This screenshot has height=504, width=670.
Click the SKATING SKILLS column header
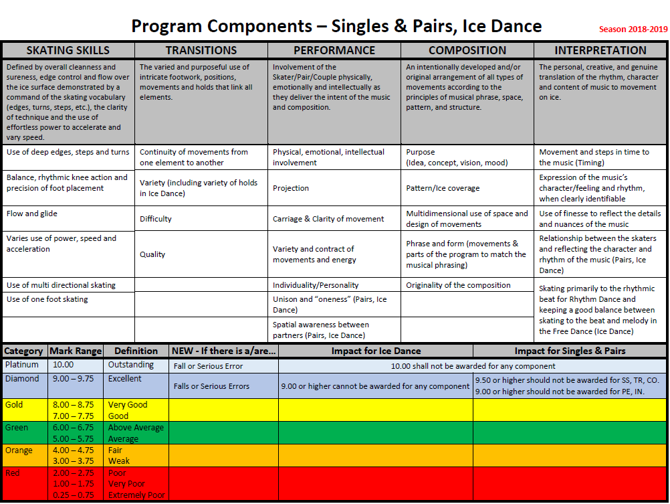(x=68, y=50)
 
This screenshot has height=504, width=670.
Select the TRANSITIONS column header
(x=201, y=50)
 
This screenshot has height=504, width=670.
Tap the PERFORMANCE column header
(x=334, y=50)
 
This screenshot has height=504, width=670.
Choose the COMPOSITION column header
(x=467, y=50)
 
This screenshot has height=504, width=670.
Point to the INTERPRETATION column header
(x=600, y=50)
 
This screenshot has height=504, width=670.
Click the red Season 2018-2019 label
(x=633, y=29)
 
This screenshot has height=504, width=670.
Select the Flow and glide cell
(x=32, y=214)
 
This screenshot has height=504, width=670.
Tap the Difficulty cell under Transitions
(x=156, y=219)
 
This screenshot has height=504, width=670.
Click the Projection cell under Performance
(x=291, y=188)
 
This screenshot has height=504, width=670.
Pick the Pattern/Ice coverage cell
(x=443, y=188)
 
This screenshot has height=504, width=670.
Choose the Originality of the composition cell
(x=458, y=285)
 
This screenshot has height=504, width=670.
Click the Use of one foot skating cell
(x=47, y=299)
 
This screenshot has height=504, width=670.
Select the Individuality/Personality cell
(x=316, y=285)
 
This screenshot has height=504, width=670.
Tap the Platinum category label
(x=22, y=365)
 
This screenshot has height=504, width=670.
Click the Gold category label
(x=14, y=405)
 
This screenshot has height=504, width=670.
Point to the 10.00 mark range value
(x=64, y=365)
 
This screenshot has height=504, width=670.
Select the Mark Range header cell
(x=76, y=351)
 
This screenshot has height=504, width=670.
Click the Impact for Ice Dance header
(x=376, y=351)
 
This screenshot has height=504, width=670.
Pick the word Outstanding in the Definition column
(x=131, y=365)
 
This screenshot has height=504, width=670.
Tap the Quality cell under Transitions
(x=152, y=254)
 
